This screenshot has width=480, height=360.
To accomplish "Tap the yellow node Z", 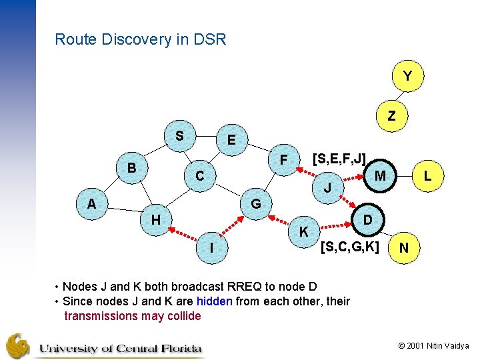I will tap(391, 115).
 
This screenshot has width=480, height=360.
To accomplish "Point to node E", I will tap(231, 140).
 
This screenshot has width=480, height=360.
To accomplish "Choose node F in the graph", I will tap(283, 160).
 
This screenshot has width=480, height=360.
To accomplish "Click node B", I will tap(132, 167).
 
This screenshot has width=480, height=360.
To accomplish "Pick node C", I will tap(199, 177).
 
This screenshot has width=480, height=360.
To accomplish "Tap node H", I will tap(155, 219).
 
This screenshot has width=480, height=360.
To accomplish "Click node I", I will tap(211, 248).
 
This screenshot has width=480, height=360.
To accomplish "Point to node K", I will tap(303, 232).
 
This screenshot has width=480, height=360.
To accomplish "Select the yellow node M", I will tap(381, 175).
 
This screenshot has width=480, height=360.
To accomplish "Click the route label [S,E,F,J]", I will tap(339, 159).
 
